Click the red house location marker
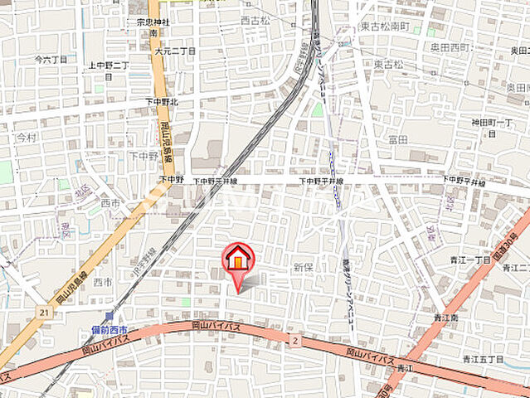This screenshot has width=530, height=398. coord(238,260)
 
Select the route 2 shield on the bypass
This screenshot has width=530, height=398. coord(294,339)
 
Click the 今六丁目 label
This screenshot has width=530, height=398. coord(50,60)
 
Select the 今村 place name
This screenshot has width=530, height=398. coord(26,137)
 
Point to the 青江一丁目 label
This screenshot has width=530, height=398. coord(473,260)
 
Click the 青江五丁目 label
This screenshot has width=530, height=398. coord(483,358)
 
